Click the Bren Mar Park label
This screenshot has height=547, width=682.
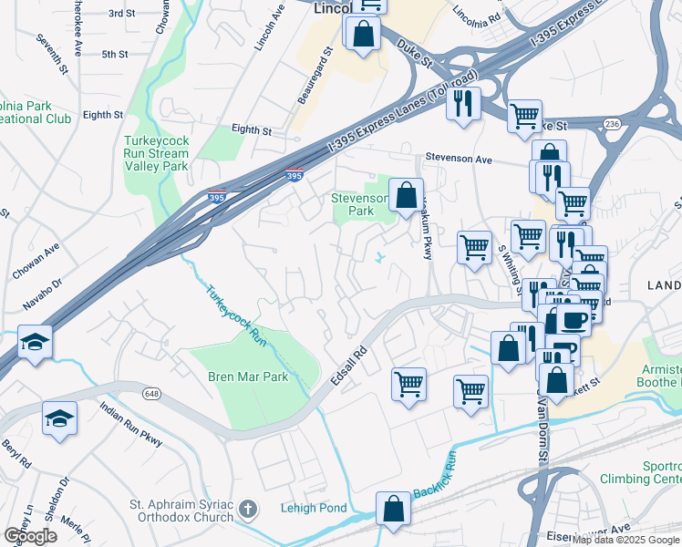(248, 377)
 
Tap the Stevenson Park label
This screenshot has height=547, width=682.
(352, 203)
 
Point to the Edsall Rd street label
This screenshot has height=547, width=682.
(348, 365)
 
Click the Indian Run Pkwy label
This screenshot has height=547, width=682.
(131, 425)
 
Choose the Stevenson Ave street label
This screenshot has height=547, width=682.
(460, 159)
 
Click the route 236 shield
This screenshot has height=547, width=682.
(611, 124)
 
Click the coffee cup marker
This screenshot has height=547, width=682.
(574, 320)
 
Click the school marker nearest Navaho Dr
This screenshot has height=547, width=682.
(35, 342)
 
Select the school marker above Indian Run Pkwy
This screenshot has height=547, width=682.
(60, 418)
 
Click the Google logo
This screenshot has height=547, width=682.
(30, 536)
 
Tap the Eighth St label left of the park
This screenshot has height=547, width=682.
(102, 115)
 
